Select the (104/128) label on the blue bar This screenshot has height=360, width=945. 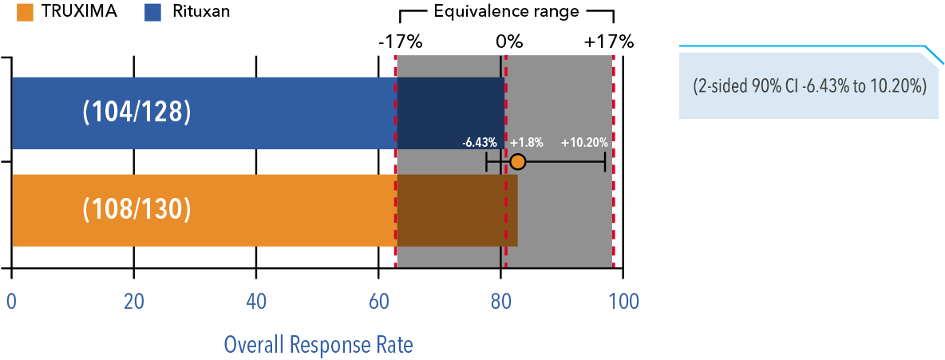[136, 113]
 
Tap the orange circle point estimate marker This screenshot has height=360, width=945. [517, 162]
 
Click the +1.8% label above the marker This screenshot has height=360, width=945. [527, 143]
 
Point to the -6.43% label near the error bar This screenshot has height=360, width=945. [480, 143]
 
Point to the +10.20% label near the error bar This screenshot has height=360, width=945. [584, 143]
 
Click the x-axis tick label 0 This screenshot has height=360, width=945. [11, 303]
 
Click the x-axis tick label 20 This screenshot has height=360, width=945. [133, 303]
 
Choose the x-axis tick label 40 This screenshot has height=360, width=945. [255, 303]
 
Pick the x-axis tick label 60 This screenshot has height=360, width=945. [378, 303]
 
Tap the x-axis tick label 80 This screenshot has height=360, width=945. [500, 303]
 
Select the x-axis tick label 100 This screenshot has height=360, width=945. [623, 303]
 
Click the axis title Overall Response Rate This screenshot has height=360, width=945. [318, 345]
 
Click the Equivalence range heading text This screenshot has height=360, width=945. [506, 12]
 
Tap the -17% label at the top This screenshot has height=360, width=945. [399, 42]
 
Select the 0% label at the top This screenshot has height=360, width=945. [508, 42]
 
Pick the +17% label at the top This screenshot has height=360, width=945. [609, 42]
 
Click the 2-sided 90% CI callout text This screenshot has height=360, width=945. [809, 86]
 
